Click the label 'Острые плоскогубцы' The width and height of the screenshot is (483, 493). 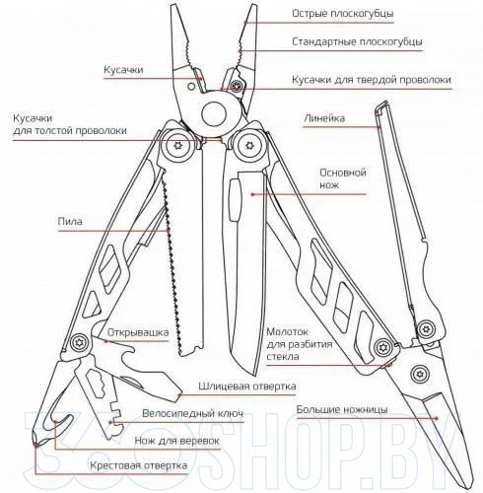343,14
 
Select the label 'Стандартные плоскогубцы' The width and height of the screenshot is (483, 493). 357,42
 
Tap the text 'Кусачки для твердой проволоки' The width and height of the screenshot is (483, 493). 372,80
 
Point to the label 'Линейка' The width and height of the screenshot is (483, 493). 324,118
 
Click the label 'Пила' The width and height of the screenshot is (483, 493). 70,222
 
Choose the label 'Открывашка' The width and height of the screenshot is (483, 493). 138,332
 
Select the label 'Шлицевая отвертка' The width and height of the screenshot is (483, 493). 247,387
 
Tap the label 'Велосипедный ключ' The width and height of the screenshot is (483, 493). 193,413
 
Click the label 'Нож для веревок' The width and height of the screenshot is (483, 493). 176,441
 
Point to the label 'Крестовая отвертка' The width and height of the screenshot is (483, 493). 139,465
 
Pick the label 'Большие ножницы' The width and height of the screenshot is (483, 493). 342,410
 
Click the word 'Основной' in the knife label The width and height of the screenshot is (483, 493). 343,173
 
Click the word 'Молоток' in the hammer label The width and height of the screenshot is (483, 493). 287,332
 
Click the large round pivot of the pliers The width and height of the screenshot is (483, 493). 214,114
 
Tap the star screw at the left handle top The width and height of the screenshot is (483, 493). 178,146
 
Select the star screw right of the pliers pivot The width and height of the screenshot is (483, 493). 248,146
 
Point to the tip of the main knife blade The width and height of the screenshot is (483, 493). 253,375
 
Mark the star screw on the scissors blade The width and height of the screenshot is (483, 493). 419,374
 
